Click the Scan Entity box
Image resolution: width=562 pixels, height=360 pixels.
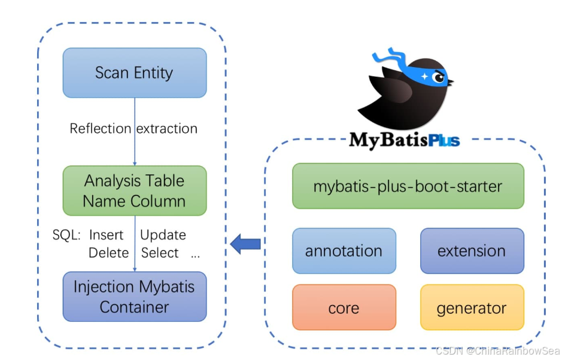[135, 73]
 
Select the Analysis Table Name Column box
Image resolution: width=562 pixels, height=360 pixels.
[135, 190]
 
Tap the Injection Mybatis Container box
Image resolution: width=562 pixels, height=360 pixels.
[135, 297]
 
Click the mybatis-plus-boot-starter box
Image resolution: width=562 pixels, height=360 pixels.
[408, 186]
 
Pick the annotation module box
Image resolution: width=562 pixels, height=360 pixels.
[344, 251]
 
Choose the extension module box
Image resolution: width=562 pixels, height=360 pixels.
[472, 251]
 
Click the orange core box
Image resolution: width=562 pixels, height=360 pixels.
[344, 307]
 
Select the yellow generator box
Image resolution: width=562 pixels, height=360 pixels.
[472, 307]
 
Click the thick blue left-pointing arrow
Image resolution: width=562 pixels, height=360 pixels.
[245, 244]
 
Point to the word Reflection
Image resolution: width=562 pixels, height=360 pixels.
[101, 128]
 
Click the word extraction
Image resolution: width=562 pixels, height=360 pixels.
[167, 128]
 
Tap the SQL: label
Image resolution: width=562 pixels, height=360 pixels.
[66, 235]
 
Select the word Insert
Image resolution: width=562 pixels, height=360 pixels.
[106, 235]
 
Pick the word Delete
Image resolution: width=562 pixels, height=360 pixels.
[108, 253]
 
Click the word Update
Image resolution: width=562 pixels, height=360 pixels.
[163, 235]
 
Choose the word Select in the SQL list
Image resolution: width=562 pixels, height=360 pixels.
[160, 253]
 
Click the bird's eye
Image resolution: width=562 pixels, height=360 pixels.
[438, 77]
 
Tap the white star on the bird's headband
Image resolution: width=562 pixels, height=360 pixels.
[424, 76]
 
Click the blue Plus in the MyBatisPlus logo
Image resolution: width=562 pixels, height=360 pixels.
[444, 141]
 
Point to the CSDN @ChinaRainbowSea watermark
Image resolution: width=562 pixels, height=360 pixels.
[499, 350]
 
